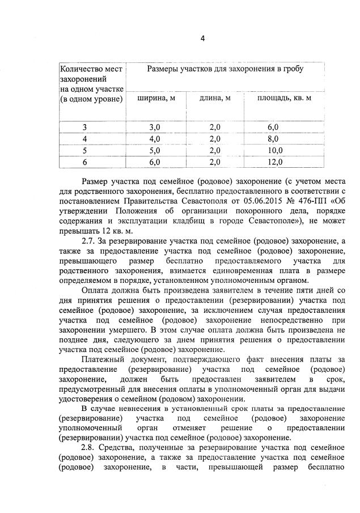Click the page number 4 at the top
pos(202,39)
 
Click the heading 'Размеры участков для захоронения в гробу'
pos(225,69)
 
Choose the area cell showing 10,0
pos(275,150)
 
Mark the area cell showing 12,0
pos(275,162)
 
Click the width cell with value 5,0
pos(155,150)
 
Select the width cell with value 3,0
pos(155,128)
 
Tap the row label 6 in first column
pos(85,162)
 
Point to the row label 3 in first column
pos(85,128)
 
